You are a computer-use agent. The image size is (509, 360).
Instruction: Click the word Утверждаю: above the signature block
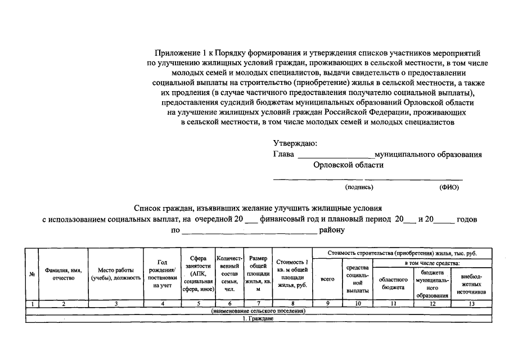295,143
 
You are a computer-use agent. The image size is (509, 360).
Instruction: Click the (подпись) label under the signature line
359,187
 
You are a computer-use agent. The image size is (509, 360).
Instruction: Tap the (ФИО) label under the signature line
449,187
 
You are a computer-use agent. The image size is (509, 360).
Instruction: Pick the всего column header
327,279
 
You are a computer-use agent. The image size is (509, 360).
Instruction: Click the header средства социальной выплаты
358,279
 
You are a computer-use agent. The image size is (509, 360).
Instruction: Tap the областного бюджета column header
393,283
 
